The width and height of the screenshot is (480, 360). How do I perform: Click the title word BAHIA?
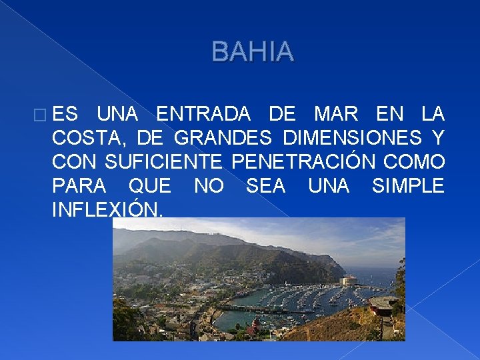(x=252, y=52)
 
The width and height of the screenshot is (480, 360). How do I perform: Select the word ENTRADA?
(x=203, y=114)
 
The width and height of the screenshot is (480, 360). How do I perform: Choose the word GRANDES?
(x=223, y=138)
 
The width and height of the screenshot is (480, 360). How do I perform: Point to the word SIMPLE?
(x=407, y=186)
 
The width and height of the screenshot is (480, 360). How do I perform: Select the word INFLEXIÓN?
(x=106, y=210)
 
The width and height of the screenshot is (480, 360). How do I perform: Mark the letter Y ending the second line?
(x=437, y=138)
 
